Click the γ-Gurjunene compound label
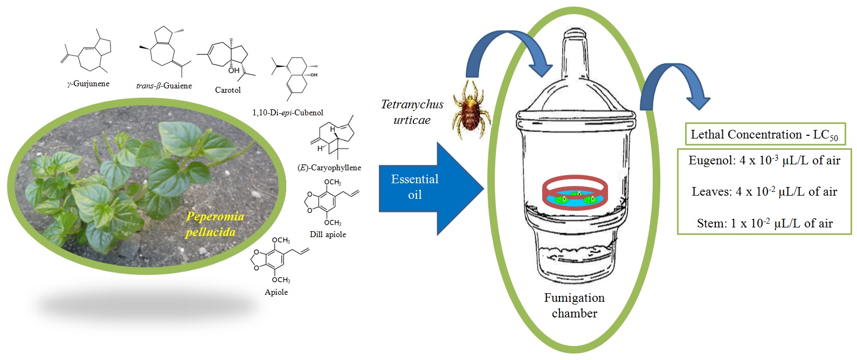click(x=88, y=84)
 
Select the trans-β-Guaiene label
click(x=164, y=86)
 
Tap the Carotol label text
click(x=227, y=90)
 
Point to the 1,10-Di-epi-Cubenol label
click(x=287, y=113)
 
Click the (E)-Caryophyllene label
click(x=329, y=168)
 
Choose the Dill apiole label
click(x=328, y=234)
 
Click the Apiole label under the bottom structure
click(x=276, y=292)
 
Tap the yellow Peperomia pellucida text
click(x=214, y=224)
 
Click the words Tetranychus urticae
click(x=412, y=112)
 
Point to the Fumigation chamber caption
click(x=574, y=306)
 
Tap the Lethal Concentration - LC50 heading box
click(x=764, y=135)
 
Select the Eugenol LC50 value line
click(x=764, y=160)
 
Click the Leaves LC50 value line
click(x=764, y=191)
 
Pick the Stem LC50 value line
click(x=764, y=223)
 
